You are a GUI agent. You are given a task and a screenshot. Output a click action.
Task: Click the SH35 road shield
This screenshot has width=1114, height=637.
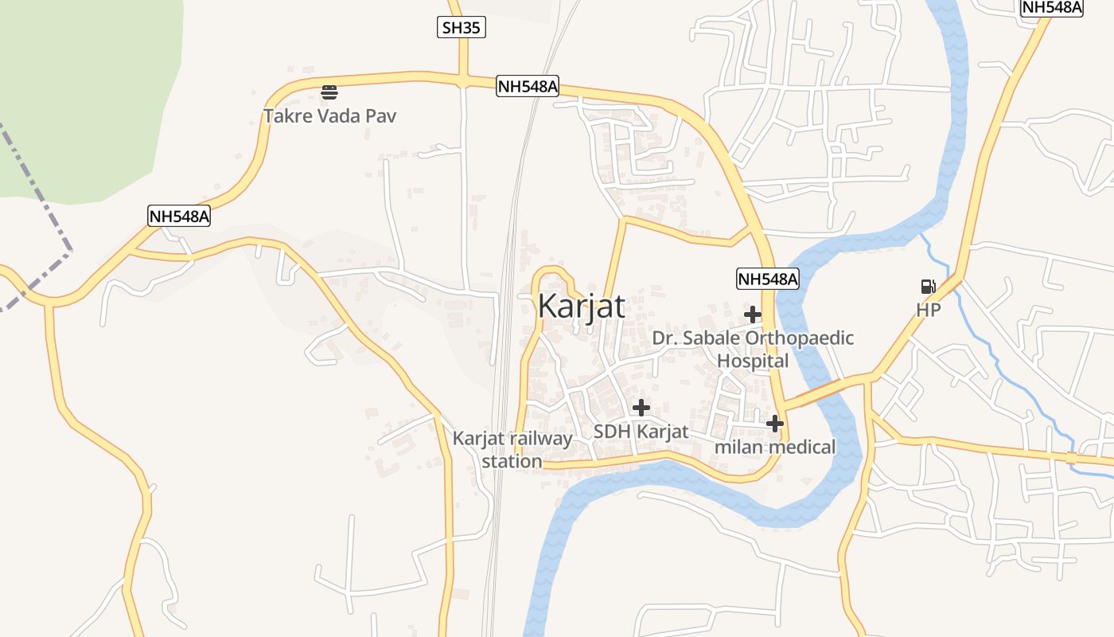462,28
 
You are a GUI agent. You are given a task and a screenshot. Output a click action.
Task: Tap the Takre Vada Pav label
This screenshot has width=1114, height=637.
329,116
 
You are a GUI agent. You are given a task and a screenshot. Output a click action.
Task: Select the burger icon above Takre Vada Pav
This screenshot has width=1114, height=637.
329,92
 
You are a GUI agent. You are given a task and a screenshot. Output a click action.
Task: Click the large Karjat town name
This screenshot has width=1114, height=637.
582,307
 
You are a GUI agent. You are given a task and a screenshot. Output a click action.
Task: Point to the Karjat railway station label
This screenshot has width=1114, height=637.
512,450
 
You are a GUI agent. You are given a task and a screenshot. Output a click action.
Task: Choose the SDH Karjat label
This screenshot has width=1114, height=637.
641,432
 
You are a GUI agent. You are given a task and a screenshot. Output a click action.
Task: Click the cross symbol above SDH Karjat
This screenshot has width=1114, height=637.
641,408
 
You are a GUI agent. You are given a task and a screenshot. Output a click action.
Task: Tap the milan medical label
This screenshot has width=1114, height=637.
775,447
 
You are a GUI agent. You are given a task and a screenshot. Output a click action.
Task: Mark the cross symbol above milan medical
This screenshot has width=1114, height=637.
775,424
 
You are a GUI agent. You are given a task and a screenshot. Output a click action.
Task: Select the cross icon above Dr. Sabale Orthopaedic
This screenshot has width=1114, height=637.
753,315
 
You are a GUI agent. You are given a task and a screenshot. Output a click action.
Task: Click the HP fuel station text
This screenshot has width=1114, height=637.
928,311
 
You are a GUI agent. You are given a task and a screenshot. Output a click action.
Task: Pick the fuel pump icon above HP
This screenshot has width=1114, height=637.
928,287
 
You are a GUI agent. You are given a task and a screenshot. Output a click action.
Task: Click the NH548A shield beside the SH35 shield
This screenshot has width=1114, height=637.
528,86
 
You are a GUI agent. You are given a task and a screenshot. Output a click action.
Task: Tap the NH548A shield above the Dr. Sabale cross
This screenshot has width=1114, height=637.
767,279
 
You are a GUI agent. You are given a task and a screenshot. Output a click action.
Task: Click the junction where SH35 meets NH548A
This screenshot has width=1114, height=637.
462,80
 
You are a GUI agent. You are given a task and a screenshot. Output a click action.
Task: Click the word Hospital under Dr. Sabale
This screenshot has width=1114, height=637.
753,361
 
